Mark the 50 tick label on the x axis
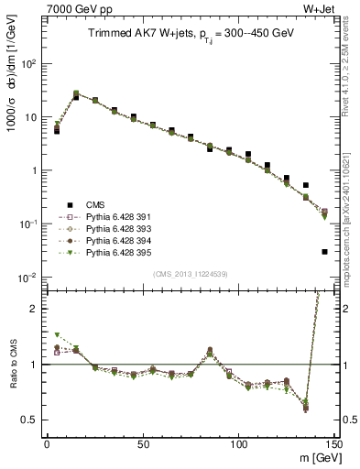point(143,442)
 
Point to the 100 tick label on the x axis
point(238,442)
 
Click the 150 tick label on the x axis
point(333,442)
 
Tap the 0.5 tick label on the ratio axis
point(30,420)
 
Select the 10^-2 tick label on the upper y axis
point(27,278)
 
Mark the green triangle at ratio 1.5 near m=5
point(57,335)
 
